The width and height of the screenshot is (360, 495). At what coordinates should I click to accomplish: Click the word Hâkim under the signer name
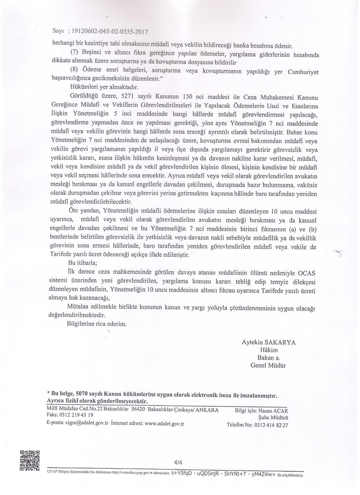tap(268, 350)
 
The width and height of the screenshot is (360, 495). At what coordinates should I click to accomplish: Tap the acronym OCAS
tap(309, 272)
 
